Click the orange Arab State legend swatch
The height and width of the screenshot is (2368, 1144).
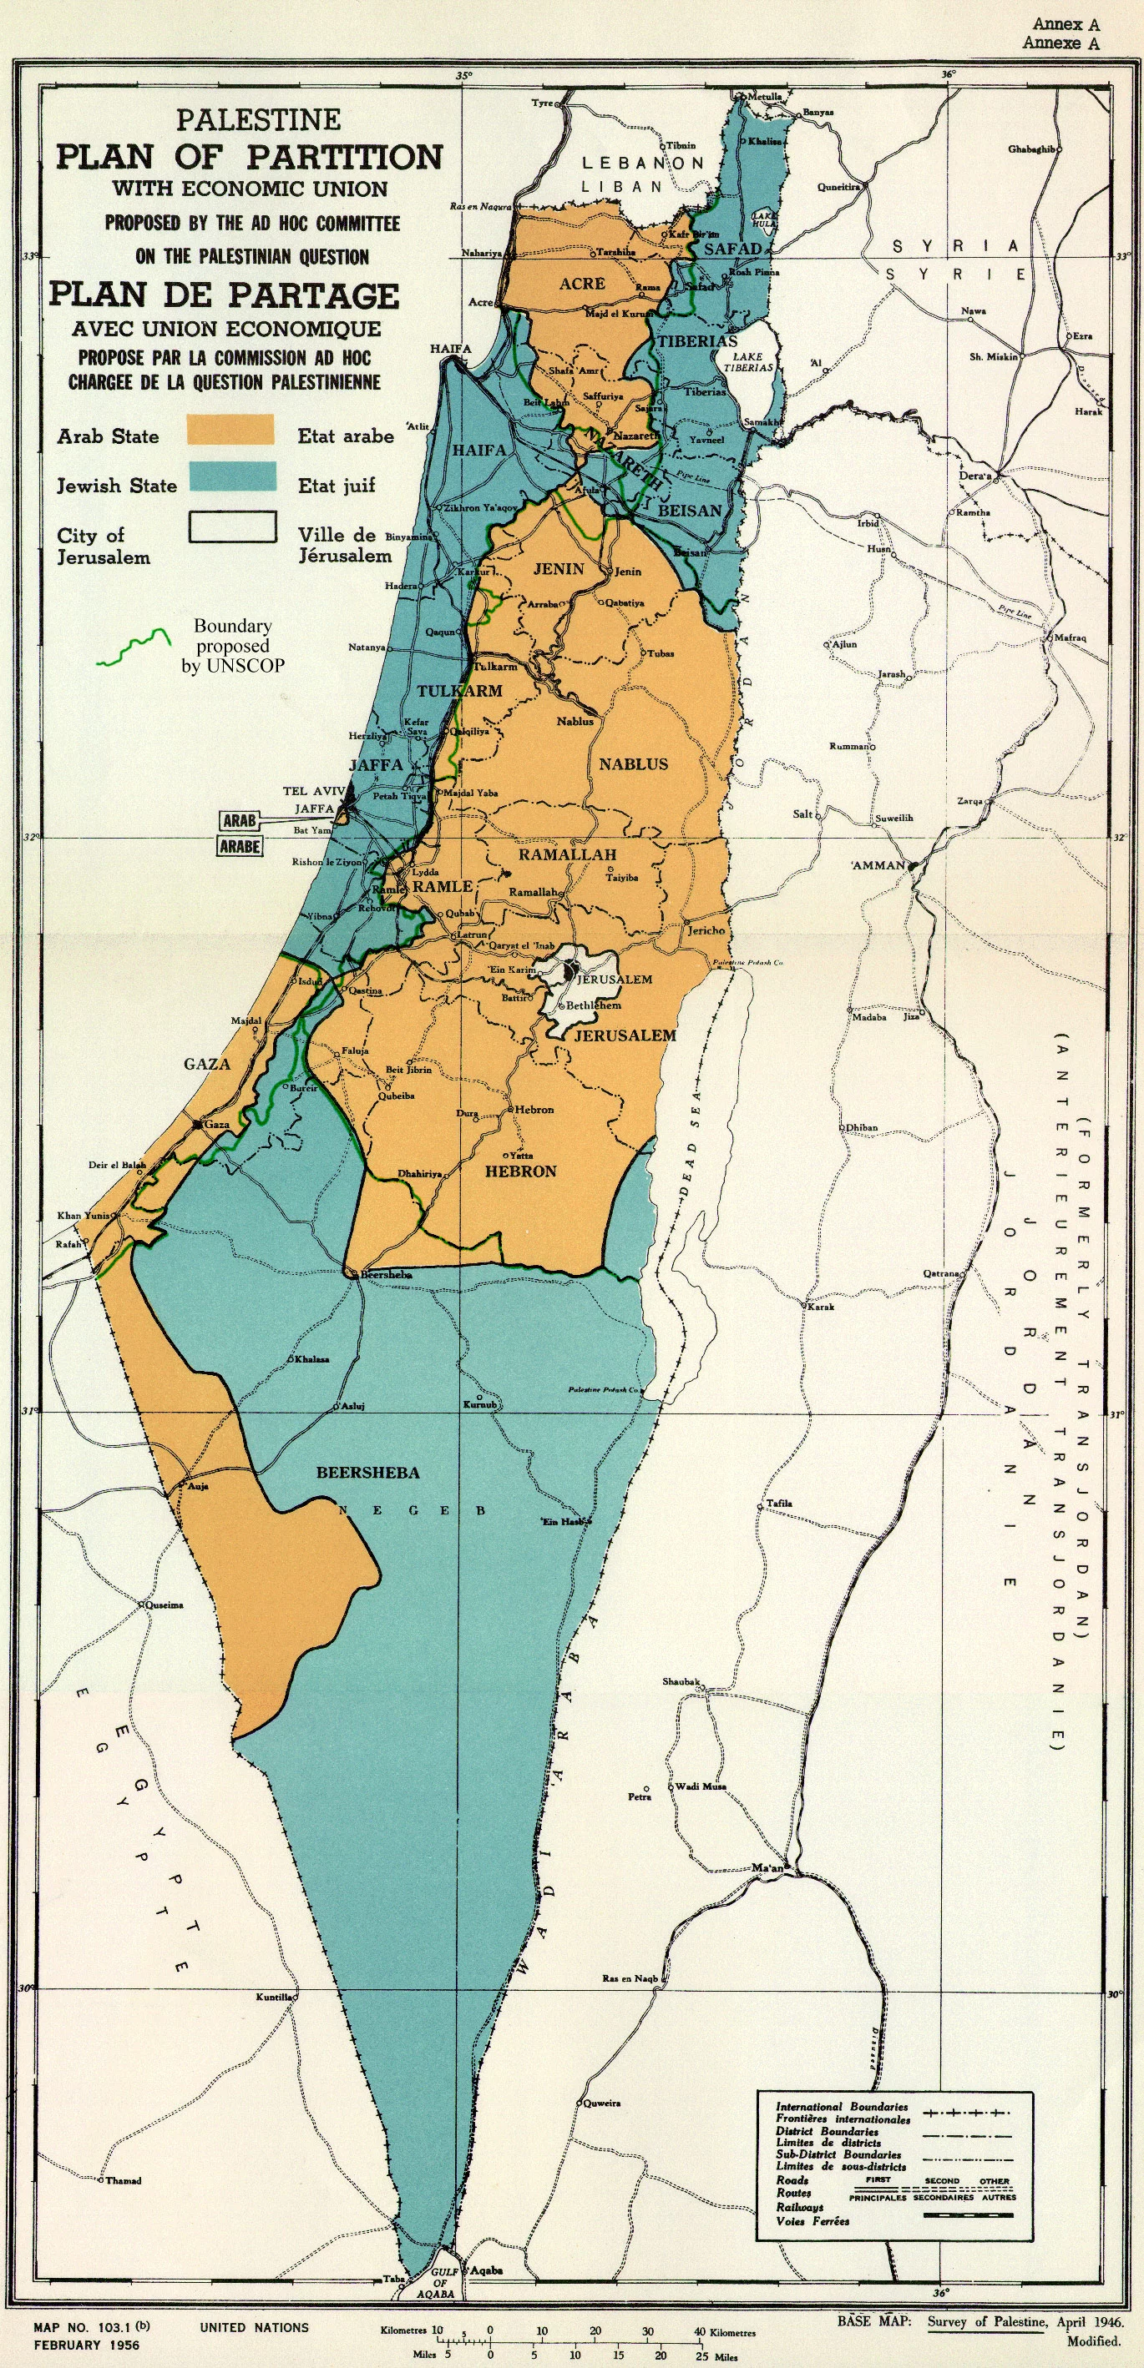pos(230,429)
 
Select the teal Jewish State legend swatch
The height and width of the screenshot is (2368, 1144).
pos(232,477)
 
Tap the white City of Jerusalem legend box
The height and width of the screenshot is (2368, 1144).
pos(233,527)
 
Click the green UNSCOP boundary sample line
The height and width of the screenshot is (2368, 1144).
pos(134,648)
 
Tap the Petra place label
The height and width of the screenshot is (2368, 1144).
pos(639,1796)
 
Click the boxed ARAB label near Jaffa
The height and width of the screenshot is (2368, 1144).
pos(239,819)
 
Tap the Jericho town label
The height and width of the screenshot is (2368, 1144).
pos(706,930)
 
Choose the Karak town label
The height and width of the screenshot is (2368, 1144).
pos(821,1307)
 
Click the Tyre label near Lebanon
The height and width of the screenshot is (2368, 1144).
pos(542,103)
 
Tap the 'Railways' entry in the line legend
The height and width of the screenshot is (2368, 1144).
pos(799,2206)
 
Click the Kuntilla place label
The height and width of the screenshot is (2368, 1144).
pos(274,1998)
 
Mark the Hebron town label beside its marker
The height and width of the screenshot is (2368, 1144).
pos(534,1110)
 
